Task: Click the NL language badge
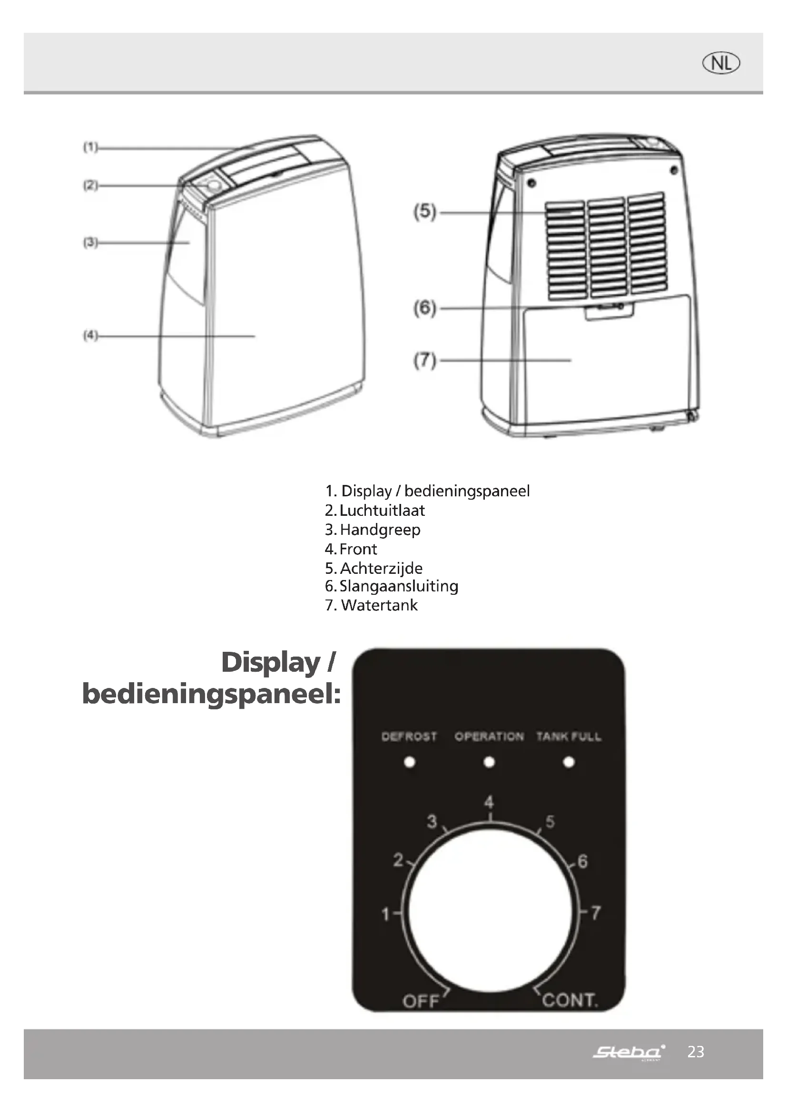721,63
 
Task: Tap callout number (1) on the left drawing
90,147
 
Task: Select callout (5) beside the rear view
425,212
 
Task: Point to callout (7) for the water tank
425,360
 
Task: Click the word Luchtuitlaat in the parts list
382,511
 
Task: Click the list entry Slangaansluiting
398,586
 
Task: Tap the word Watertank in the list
379,605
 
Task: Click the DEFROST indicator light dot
410,762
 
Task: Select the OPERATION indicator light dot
490,762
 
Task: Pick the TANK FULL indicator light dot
569,762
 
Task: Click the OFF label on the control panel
421,1001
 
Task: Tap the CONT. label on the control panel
570,1000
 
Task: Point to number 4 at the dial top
489,803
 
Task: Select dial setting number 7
596,912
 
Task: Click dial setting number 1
386,914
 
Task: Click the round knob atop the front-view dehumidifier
212,186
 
